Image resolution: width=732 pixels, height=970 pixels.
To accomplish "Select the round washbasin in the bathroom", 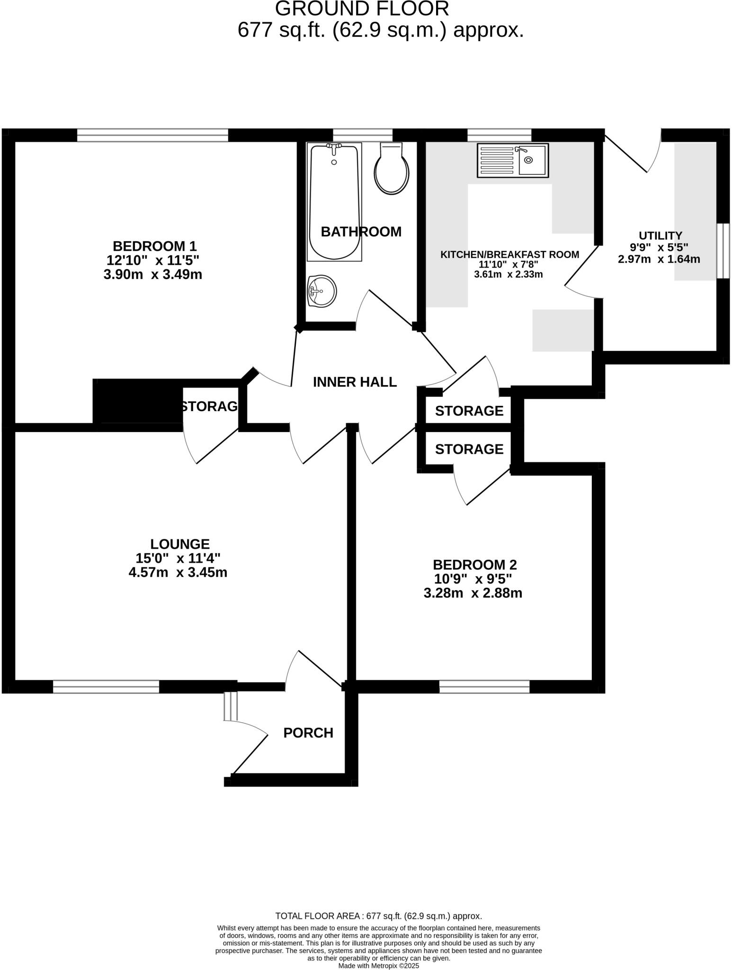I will pyautogui.click(x=322, y=291).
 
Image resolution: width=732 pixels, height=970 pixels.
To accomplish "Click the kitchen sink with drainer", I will pyautogui.click(x=513, y=161).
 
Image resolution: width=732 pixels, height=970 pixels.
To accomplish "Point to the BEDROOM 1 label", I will pyautogui.click(x=154, y=246).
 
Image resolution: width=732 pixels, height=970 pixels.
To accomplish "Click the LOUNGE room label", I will pyautogui.click(x=180, y=544).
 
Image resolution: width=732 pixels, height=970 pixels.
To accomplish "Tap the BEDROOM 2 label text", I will pyautogui.click(x=474, y=565).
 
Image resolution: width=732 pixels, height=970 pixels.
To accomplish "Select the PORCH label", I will pyautogui.click(x=308, y=733).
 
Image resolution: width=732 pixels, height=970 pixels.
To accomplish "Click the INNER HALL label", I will pyautogui.click(x=355, y=382).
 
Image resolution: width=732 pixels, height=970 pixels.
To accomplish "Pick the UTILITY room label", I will pyautogui.click(x=660, y=235).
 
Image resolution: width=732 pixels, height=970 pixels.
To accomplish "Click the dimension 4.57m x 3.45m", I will pyautogui.click(x=178, y=572).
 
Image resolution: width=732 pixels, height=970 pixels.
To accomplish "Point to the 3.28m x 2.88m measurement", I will pyautogui.click(x=473, y=593).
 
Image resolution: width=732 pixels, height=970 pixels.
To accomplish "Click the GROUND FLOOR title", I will pyautogui.click(x=362, y=9).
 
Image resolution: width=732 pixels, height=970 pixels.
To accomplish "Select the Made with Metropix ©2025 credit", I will pyautogui.click(x=379, y=966).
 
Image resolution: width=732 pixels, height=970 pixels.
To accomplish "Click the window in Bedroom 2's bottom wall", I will pyautogui.click(x=484, y=686).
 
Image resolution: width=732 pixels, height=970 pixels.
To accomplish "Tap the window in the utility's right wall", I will pyautogui.click(x=723, y=251).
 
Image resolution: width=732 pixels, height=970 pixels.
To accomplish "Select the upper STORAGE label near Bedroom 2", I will pyautogui.click(x=469, y=411).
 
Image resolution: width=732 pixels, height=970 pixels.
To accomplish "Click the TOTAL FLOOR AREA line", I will pyautogui.click(x=378, y=916).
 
